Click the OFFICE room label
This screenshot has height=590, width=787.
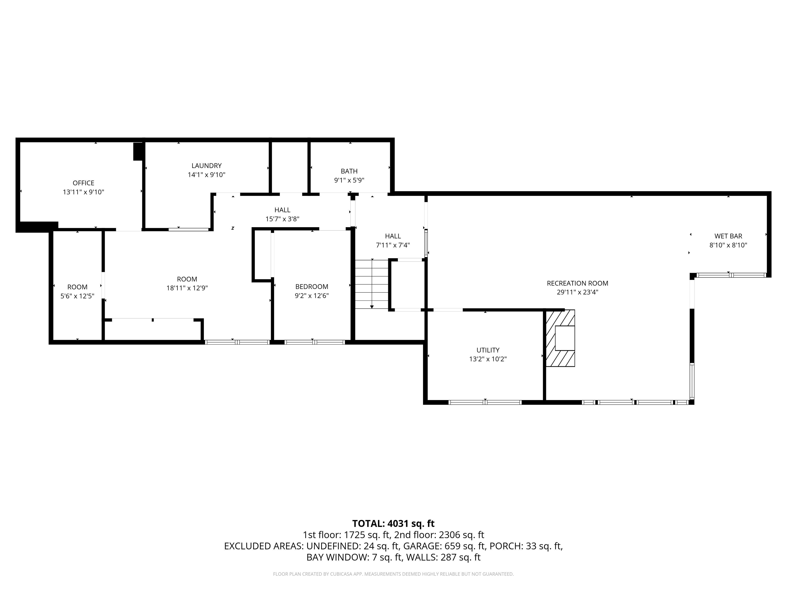(84, 183)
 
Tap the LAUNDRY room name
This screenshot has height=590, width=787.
(206, 166)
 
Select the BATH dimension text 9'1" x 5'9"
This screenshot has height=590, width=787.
(349, 180)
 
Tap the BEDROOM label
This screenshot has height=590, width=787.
(312, 287)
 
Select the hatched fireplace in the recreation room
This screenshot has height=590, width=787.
(560, 338)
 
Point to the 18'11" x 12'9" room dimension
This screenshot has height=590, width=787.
(187, 288)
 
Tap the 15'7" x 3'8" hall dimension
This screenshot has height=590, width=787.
(283, 219)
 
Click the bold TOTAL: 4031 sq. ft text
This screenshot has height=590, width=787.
(393, 523)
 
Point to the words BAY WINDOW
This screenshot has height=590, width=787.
(337, 557)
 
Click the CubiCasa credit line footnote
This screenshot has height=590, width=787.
(393, 574)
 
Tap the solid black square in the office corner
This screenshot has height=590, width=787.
(138, 152)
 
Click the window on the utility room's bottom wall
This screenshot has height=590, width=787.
(485, 402)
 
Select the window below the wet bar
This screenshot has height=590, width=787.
(731, 275)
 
